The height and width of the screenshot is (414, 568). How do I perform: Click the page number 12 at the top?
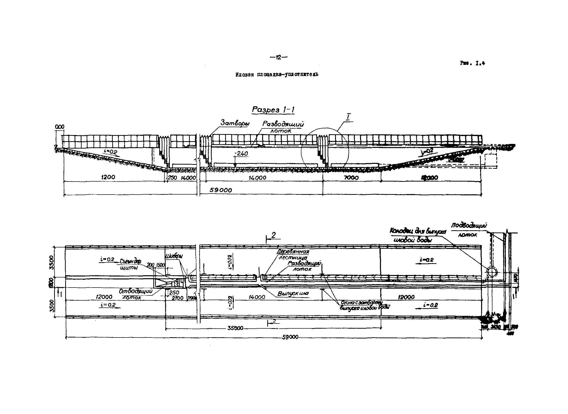[x=279, y=57]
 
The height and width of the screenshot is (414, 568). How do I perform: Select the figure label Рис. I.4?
[x=472, y=63]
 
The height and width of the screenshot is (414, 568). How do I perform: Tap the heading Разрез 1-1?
[x=273, y=110]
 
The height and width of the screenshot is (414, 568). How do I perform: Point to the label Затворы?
[x=235, y=123]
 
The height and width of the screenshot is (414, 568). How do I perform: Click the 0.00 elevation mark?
[x=60, y=127]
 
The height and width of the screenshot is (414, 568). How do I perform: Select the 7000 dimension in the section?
[x=351, y=178]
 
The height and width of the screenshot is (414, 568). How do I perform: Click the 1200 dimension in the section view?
[x=108, y=177]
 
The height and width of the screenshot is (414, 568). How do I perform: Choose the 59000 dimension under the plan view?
[x=290, y=337]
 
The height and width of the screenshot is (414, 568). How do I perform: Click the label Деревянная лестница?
[x=293, y=254]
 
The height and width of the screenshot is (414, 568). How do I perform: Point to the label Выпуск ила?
[x=293, y=293]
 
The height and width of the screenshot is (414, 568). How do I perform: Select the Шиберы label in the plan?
[x=174, y=256]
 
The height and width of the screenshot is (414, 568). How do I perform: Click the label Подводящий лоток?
[x=469, y=230]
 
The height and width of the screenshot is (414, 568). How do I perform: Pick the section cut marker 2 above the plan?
[x=273, y=235]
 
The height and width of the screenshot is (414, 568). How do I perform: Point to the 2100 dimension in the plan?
[x=178, y=298]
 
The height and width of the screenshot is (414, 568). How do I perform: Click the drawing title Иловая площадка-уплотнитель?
[x=277, y=75]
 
